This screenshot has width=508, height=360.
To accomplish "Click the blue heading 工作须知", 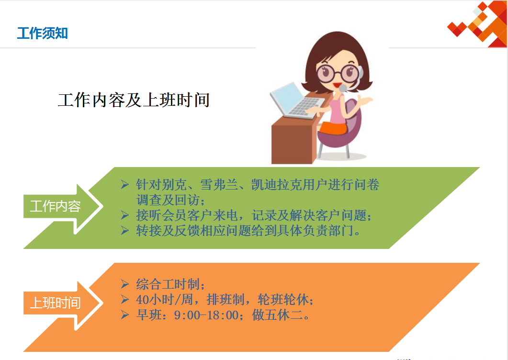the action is click(43, 34).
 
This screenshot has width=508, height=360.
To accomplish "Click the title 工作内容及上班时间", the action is click(134, 100).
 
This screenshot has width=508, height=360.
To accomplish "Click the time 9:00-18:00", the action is click(206, 315).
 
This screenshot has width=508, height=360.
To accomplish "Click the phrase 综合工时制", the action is click(168, 284).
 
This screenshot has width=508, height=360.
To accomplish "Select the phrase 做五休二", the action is click(277, 315).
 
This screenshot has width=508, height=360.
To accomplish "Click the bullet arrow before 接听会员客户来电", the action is click(125, 215).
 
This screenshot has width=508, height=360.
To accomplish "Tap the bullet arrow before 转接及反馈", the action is click(125, 230).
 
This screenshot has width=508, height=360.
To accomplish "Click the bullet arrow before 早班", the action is click(125, 315).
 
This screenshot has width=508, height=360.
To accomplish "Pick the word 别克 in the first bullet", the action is click(174, 185).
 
